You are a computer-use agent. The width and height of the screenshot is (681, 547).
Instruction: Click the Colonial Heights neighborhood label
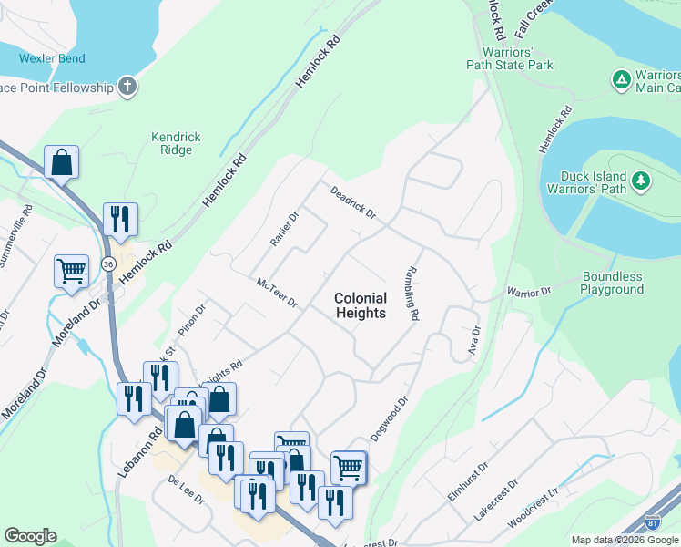(x=361, y=305)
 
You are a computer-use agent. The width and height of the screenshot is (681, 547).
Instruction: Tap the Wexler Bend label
(x=53, y=58)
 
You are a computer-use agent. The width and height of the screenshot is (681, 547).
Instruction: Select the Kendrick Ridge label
(x=176, y=143)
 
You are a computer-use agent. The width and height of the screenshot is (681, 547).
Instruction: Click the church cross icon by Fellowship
(x=128, y=88)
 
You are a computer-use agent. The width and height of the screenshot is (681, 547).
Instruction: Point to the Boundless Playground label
(x=613, y=283)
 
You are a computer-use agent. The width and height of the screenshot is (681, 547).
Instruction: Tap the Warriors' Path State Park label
(x=510, y=57)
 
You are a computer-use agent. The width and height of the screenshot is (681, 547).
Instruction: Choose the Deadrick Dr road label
(x=353, y=203)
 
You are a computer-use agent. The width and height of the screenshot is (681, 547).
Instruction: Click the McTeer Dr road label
(x=277, y=293)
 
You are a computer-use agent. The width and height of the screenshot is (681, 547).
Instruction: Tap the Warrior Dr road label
(x=529, y=293)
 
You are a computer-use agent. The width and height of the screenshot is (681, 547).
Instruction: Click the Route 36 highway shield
(x=108, y=263)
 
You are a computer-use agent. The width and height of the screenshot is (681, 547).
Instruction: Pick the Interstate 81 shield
(x=652, y=521)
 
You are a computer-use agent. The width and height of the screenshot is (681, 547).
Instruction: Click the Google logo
(x=30, y=536)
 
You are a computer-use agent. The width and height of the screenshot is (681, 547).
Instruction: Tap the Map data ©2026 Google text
(x=624, y=540)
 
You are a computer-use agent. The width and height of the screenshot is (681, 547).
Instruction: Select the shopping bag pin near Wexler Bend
(x=61, y=163)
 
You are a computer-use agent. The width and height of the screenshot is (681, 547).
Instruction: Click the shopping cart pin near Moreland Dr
(x=71, y=271)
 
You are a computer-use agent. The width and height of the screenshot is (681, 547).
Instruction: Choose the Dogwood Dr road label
(x=392, y=417)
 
